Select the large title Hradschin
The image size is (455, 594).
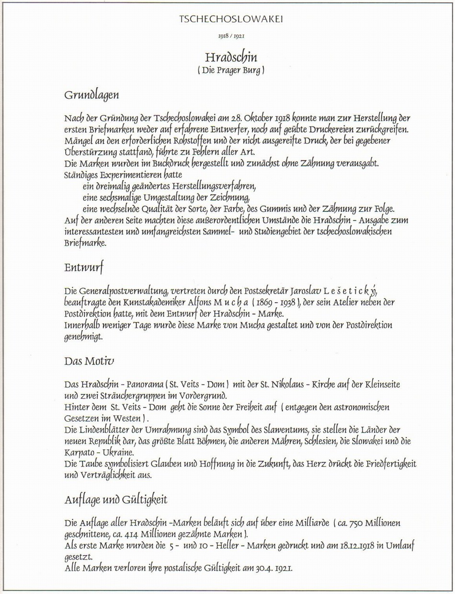pos(231,57)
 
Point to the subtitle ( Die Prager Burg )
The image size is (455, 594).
pos(231,70)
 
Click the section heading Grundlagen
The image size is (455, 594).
pos(91,95)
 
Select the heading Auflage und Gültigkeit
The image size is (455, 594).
pos(115,500)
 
